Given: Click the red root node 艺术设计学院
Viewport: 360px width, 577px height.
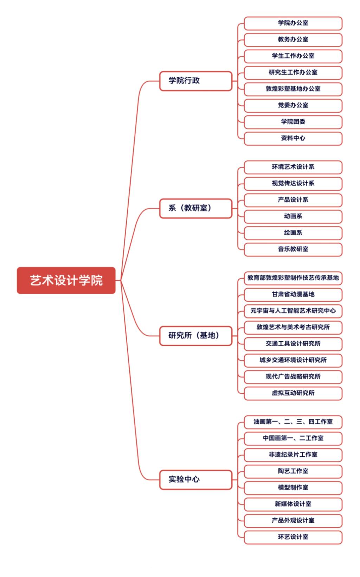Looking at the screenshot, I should click(x=66, y=280).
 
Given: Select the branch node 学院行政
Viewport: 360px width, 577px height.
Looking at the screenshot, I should click(x=196, y=81).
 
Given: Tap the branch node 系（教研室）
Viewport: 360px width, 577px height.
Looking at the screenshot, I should click(x=196, y=208).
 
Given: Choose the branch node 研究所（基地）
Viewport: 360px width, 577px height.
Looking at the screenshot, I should click(x=196, y=336).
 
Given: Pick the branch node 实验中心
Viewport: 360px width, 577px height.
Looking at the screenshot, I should click(x=196, y=480).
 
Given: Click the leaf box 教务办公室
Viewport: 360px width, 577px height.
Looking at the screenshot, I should click(x=293, y=40).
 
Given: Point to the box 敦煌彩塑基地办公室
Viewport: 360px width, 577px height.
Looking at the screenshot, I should click(x=293, y=89).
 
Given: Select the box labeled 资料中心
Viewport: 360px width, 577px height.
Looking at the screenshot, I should click(x=293, y=138).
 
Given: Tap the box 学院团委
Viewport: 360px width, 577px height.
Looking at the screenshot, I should click(x=293, y=122).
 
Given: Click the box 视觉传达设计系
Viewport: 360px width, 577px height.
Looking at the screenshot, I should click(x=293, y=184).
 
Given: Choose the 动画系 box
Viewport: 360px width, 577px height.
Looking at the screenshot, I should click(x=293, y=216).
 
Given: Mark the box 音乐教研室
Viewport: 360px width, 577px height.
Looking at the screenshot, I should click(x=293, y=249).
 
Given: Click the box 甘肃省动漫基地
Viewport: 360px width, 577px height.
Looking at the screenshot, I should click(x=293, y=294).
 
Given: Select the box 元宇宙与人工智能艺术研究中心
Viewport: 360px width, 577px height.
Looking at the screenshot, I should click(x=293, y=311).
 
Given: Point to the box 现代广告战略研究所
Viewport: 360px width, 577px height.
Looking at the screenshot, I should click(x=293, y=377).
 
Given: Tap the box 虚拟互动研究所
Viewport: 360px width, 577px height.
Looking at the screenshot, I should click(x=293, y=393).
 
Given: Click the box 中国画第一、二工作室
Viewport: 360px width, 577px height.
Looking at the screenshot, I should click(x=293, y=438).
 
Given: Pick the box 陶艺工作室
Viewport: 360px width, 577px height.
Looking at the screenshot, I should click(x=293, y=471).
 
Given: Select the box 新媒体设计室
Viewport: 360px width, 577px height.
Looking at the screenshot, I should click(x=293, y=504).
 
